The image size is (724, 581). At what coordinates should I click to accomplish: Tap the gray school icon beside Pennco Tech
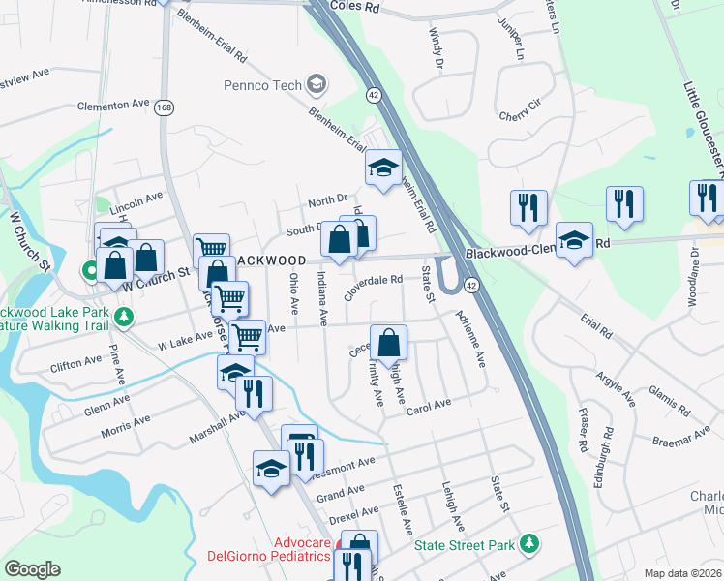click(316, 85)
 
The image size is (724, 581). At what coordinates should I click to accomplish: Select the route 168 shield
click(168, 108)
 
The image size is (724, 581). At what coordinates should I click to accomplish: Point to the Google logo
click(32, 568)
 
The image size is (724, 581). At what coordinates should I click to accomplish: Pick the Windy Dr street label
click(435, 48)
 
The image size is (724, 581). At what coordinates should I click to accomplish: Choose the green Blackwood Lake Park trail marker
click(123, 317)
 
